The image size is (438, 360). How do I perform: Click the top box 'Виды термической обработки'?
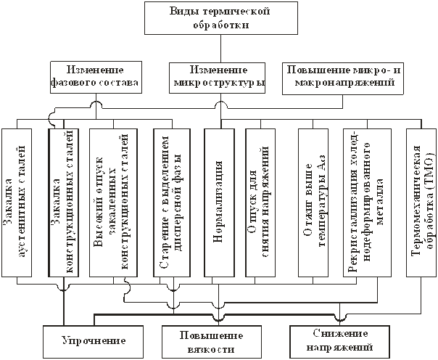221,18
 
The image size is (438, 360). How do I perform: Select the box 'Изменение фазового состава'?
96,78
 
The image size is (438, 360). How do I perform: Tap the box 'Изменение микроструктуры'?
217,78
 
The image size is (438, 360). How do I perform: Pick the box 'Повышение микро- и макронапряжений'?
343,79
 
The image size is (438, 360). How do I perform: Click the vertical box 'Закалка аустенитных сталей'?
17,203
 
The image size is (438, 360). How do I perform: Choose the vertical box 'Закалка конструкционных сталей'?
64,203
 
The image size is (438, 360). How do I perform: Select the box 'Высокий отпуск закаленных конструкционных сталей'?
113,203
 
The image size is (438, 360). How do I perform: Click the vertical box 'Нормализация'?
219,203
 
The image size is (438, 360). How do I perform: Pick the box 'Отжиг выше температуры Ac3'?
313,203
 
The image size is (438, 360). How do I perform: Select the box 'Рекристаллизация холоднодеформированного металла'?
367,203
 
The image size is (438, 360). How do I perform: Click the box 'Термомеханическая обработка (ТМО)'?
421,203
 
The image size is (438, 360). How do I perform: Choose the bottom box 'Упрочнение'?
94,342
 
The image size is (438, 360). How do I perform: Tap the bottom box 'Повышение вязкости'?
212,342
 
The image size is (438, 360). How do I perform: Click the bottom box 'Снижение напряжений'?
339,342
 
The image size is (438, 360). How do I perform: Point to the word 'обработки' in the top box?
221,25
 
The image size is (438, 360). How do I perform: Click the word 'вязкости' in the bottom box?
211,350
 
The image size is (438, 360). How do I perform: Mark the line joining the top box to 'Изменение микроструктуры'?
221,49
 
